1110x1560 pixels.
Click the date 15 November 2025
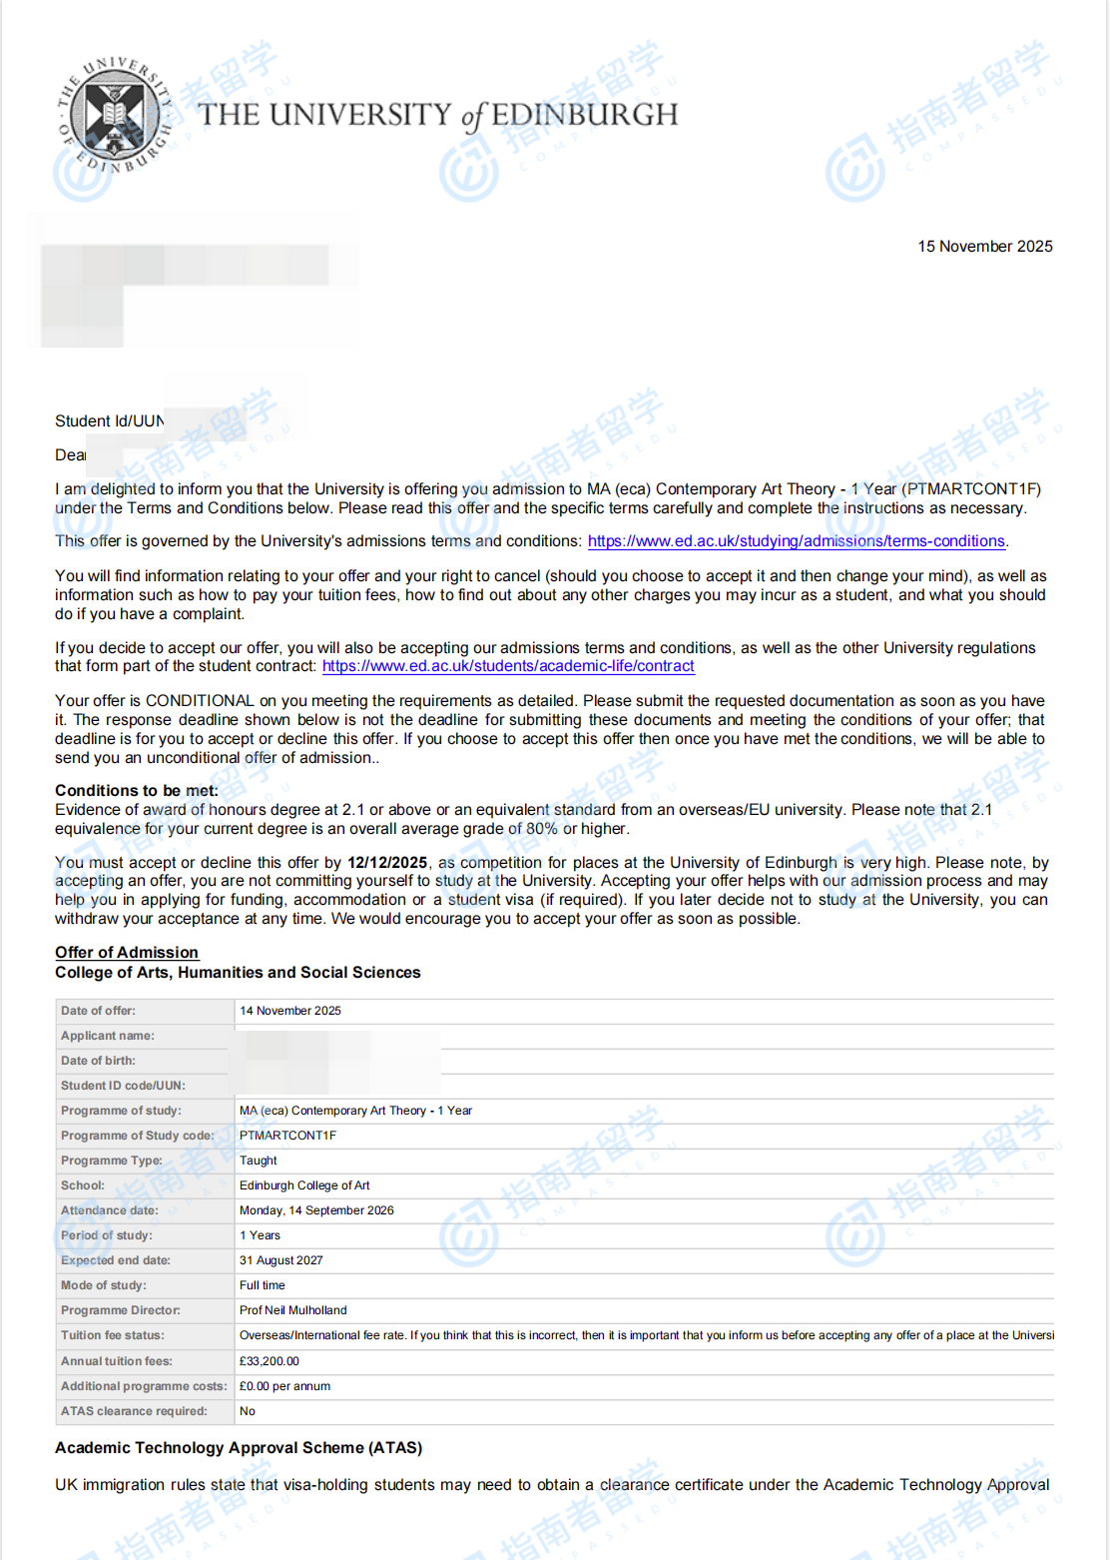[984, 247]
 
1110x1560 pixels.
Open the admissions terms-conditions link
[796, 541]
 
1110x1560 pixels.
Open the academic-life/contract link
[508, 666]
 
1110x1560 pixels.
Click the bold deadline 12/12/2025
[387, 863]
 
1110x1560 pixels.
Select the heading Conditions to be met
[136, 791]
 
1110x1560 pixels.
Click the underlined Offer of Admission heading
[127, 953]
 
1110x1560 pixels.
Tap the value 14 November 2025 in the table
[290, 1011]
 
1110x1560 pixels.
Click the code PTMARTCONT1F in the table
[287, 1136]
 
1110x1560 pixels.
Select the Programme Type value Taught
[259, 1161]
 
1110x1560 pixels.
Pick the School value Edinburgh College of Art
[304, 1185]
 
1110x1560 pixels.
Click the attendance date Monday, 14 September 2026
[316, 1210]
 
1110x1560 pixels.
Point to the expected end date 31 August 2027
[281, 1260]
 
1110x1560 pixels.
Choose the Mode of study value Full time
[263, 1285]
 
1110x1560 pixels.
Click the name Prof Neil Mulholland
[293, 1310]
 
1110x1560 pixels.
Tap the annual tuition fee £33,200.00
[270, 1361]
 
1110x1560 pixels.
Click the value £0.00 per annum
[284, 1386]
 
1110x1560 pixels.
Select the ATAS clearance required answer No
[248, 1411]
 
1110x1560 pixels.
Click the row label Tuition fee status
[113, 1335]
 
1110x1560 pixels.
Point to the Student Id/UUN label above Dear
[109, 421]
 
